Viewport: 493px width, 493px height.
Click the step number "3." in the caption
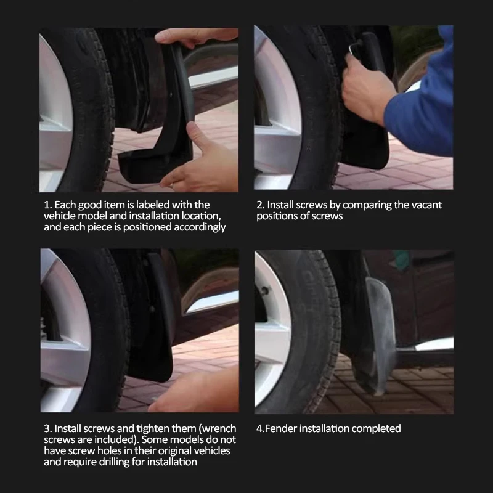pyautogui.click(x=47, y=428)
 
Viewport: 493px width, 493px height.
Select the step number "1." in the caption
pyautogui.click(x=47, y=205)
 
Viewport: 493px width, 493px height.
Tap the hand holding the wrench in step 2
pyautogui.click(x=367, y=92)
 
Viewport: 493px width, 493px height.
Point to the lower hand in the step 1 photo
pyautogui.click(x=200, y=160)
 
